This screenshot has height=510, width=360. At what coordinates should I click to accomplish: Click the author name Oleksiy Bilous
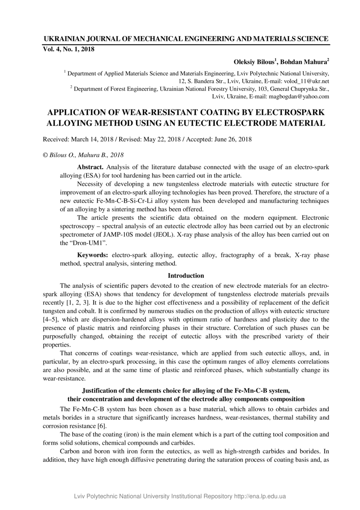click(x=256, y=63)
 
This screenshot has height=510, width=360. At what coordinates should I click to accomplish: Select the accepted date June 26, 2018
click(x=233, y=139)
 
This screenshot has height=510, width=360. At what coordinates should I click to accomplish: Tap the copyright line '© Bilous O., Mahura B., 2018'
click(x=83, y=155)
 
